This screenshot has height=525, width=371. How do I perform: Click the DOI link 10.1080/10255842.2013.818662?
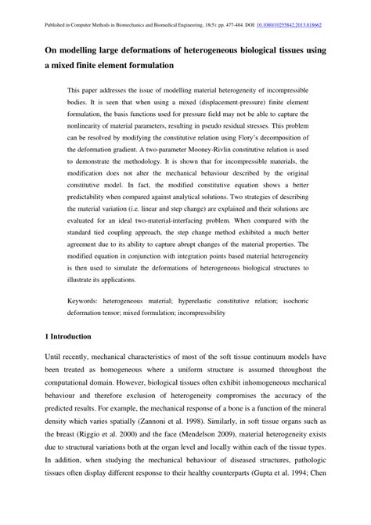pos(301,25)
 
